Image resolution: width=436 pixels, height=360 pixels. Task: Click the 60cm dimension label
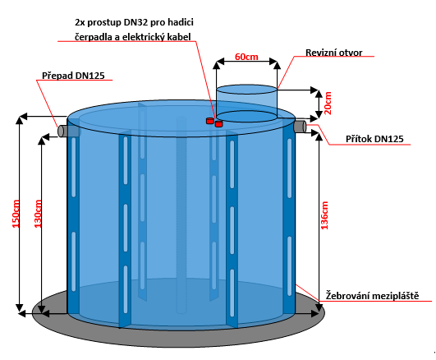(246, 57)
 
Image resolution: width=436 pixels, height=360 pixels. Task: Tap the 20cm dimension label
(328, 103)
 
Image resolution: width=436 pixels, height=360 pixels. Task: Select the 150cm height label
(16, 214)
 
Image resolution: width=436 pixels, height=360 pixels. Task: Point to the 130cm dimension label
(38, 214)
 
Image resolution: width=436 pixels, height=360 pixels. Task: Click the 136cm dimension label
(324, 215)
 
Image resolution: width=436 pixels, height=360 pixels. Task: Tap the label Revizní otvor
(334, 53)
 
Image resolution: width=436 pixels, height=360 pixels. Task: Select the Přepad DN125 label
(73, 76)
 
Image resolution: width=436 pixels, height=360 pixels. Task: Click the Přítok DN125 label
(374, 139)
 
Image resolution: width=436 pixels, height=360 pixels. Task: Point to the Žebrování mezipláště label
(372, 295)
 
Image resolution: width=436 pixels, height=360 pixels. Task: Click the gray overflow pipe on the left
(63, 131)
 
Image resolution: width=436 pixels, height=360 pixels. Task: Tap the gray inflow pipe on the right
(301, 127)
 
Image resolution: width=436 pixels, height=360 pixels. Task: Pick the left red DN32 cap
(209, 121)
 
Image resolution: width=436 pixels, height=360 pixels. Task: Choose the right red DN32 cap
(219, 123)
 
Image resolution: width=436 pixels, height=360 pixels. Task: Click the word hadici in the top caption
(181, 22)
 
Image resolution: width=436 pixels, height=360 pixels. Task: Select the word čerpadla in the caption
(94, 37)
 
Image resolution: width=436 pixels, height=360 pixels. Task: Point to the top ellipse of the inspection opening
(246, 90)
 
